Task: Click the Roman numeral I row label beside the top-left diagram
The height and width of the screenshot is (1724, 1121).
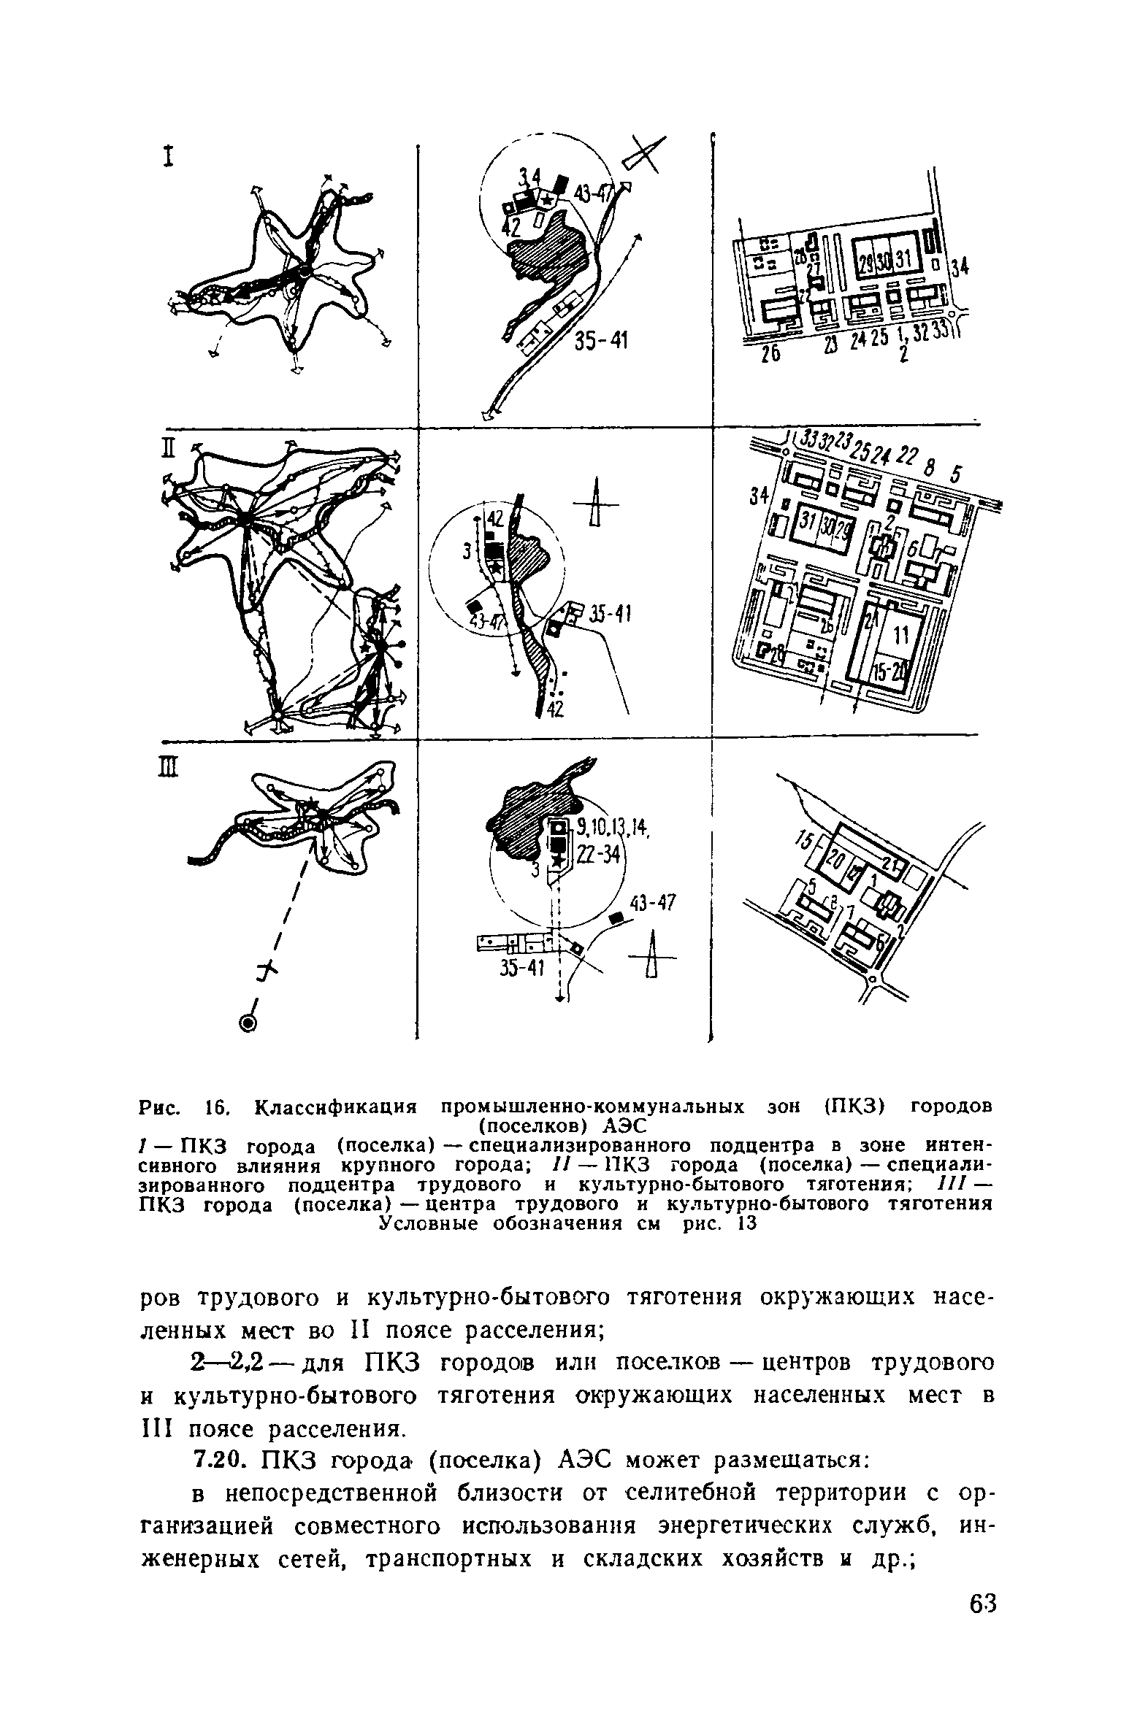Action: (169, 158)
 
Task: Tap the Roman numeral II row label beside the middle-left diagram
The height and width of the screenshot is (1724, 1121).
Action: (167, 446)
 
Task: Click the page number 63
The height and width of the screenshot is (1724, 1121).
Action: (982, 1645)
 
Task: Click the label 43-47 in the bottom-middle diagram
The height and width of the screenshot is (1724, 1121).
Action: (654, 904)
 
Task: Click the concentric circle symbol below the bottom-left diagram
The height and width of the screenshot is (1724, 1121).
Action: (249, 1023)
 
